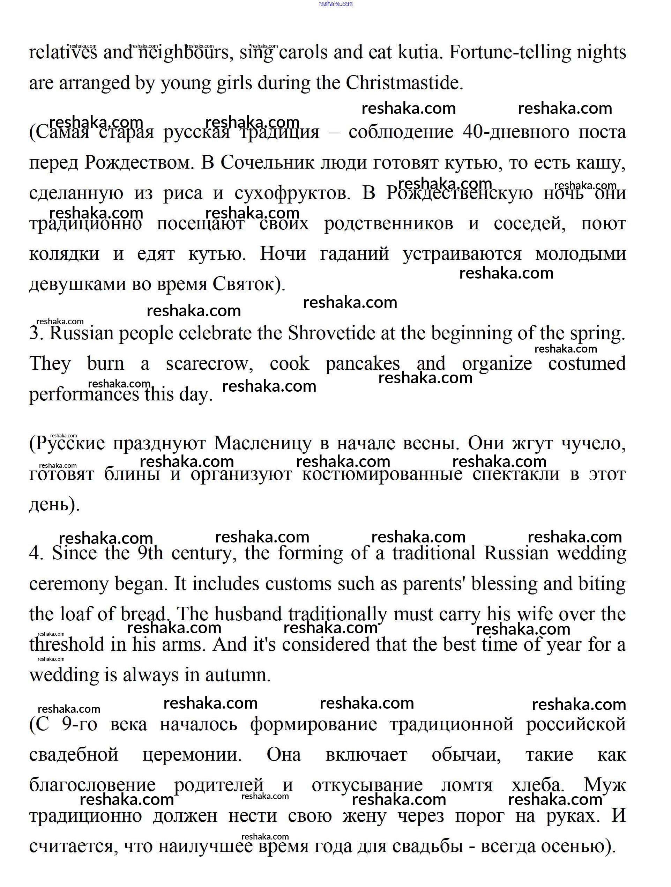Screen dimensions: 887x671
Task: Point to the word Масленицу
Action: click(x=262, y=443)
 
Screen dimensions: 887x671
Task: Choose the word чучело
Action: click(x=593, y=443)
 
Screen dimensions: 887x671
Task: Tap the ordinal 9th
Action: click(x=150, y=553)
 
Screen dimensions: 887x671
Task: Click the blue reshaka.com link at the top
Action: click(x=336, y=4)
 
